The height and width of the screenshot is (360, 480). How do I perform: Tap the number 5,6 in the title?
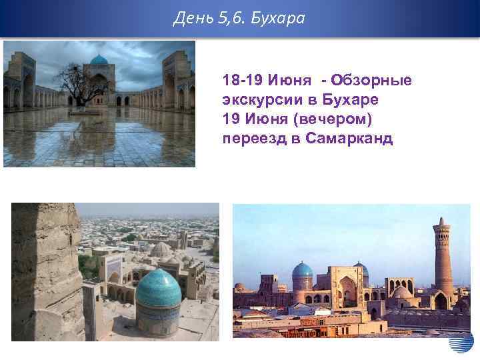[x=231, y=18]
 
